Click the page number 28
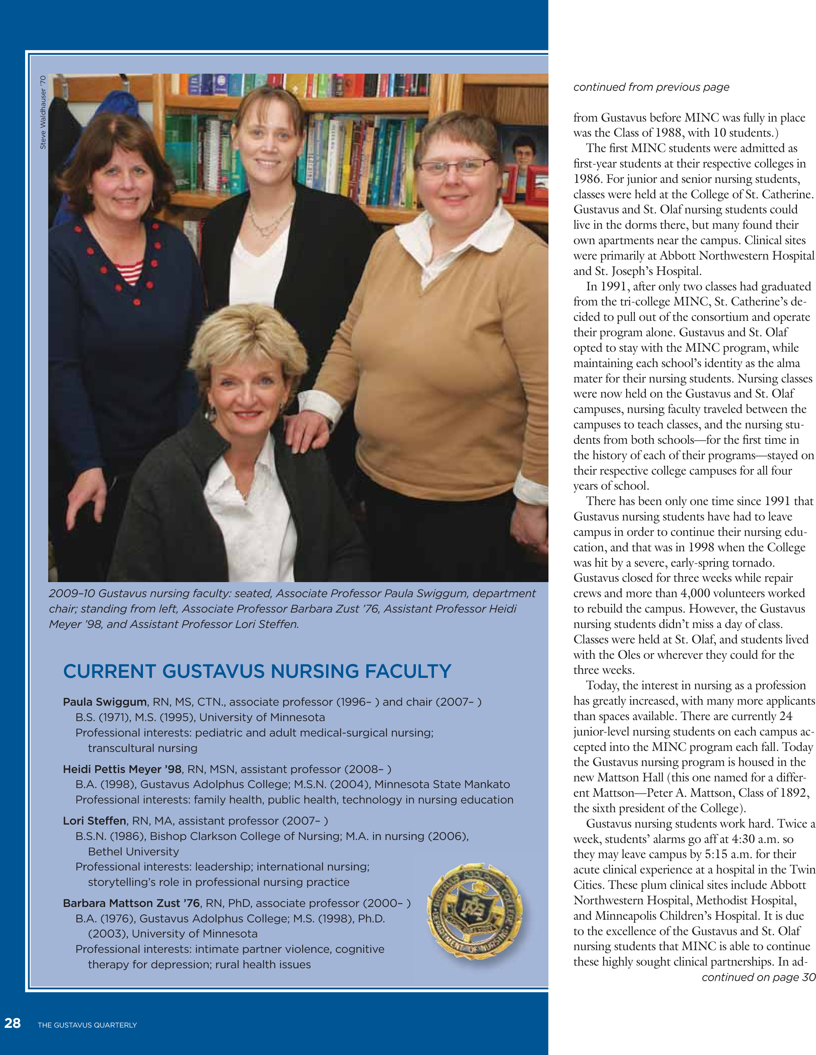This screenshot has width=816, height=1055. coord(12,1023)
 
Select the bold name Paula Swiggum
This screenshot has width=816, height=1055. coord(105,702)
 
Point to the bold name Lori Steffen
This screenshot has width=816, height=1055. coord(95,821)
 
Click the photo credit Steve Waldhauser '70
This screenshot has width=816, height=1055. coord(43,112)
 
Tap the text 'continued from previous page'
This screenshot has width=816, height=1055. coord(651,87)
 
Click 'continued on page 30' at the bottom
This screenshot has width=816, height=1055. coord(758,977)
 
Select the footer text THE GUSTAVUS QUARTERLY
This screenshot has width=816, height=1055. coord(87,1025)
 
